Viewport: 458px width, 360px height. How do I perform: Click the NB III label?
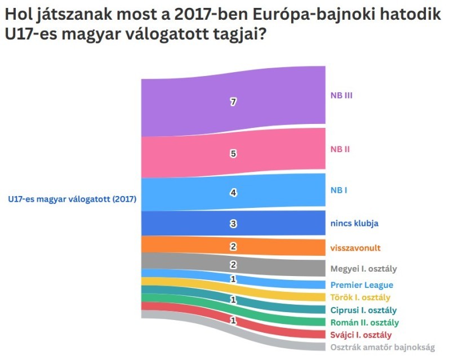(x=341, y=95)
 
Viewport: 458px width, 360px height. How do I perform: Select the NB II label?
(x=340, y=149)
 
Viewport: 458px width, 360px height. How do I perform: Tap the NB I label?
(x=339, y=190)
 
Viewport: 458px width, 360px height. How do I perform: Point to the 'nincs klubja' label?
(x=354, y=223)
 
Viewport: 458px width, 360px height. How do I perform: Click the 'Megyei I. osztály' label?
(x=364, y=268)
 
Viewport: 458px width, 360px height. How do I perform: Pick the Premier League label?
(x=362, y=285)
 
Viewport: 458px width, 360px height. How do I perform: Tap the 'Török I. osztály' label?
(x=361, y=297)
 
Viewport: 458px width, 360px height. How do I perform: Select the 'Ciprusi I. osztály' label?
(x=363, y=310)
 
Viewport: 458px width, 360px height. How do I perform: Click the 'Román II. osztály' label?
(x=364, y=323)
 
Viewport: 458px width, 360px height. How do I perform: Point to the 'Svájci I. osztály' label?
(x=361, y=335)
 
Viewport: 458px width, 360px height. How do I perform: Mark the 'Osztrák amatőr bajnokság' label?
(x=383, y=348)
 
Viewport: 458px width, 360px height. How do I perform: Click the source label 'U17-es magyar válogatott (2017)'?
(x=72, y=199)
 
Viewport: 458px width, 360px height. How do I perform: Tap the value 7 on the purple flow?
(x=233, y=102)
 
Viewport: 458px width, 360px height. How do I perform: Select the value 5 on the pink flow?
(x=233, y=153)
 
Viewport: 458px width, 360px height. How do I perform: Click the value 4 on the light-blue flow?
(x=233, y=193)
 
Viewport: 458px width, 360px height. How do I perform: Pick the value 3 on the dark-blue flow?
(x=233, y=224)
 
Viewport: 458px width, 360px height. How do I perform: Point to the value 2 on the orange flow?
(x=233, y=247)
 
